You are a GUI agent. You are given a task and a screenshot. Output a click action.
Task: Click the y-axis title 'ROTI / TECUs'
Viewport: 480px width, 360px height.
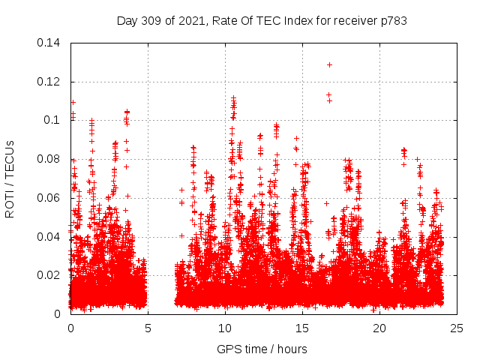[10, 178]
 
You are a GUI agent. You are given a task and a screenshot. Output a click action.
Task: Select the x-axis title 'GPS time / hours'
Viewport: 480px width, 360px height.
[262, 349]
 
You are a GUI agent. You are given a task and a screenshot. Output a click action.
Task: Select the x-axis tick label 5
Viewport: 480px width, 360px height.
[148, 328]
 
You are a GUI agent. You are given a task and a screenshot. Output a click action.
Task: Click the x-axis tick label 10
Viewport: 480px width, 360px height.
[225, 328]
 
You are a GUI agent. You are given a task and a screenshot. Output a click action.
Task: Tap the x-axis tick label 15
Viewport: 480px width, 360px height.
[302, 328]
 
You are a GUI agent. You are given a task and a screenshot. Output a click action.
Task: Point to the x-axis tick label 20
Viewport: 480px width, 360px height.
[379, 328]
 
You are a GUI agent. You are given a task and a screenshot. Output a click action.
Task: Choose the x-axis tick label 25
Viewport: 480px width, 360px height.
[457, 328]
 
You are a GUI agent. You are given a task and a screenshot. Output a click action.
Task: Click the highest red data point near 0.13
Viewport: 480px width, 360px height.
[329, 64]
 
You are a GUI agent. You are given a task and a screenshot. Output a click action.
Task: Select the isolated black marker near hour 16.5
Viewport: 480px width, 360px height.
[326, 203]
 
